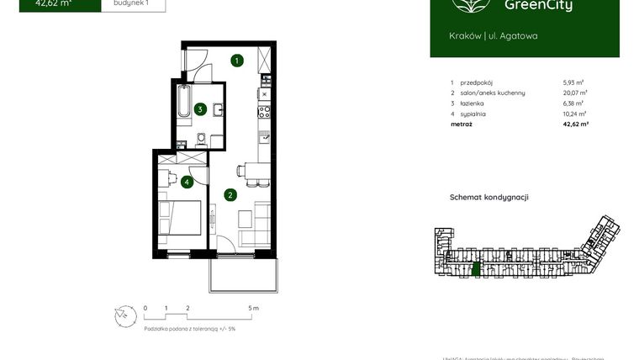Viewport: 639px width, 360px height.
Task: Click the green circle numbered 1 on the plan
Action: tap(238, 61)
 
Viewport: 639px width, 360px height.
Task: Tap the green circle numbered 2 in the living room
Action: tap(230, 195)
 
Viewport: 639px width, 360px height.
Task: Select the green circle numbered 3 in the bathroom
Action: tap(200, 109)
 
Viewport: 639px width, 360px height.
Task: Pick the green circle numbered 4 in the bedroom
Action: tap(187, 181)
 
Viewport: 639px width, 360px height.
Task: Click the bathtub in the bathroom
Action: tap(184, 103)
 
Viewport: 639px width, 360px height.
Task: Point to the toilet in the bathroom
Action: tap(201, 140)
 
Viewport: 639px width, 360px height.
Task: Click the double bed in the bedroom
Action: tap(181, 218)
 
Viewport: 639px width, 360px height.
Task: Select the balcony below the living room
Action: tap(241, 270)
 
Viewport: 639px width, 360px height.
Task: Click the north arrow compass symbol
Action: tap(124, 314)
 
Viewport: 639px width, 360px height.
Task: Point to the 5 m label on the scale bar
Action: tap(254, 309)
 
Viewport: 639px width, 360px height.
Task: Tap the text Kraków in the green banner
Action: tap(465, 35)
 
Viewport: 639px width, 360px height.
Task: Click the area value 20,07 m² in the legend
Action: tap(575, 93)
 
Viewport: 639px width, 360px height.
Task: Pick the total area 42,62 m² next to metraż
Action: tap(575, 124)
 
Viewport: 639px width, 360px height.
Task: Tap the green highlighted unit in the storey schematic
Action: tap(476, 269)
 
